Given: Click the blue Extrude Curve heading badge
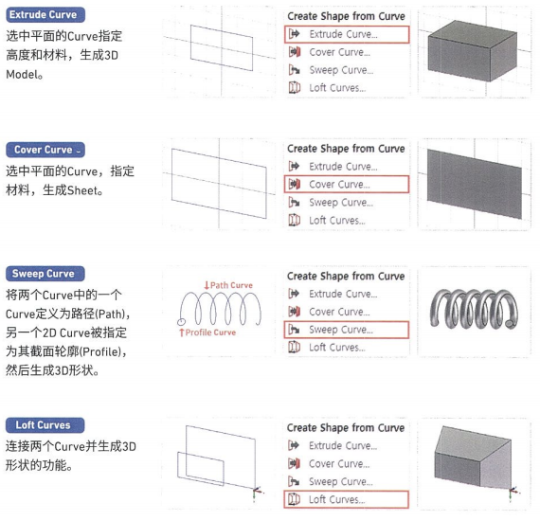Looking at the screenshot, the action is click(45, 15).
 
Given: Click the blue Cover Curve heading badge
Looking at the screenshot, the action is click(45, 150).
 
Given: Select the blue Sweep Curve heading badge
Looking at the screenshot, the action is click(45, 274).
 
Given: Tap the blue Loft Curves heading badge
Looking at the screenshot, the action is click(45, 425).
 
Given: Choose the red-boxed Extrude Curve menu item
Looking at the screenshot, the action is click(347, 34).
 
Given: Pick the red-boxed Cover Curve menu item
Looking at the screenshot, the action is click(347, 184).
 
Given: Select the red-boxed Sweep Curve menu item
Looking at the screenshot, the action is click(347, 330).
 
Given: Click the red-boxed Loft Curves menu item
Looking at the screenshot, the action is click(347, 499).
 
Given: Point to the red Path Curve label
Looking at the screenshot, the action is click(228, 285).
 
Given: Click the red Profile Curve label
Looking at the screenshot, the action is click(207, 332).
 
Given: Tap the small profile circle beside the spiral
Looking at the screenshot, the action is click(182, 322).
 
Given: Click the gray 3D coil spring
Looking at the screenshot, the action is click(475, 309).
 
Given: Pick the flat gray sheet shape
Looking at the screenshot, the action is click(475, 184).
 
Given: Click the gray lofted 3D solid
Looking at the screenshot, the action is click(473, 458).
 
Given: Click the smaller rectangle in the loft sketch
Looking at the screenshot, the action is click(201, 468).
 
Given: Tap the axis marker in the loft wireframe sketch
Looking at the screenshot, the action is click(256, 492).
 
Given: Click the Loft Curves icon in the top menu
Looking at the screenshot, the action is click(295, 88).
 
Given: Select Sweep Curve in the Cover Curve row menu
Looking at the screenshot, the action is click(341, 203).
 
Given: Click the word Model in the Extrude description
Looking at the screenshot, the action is click(22, 74).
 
